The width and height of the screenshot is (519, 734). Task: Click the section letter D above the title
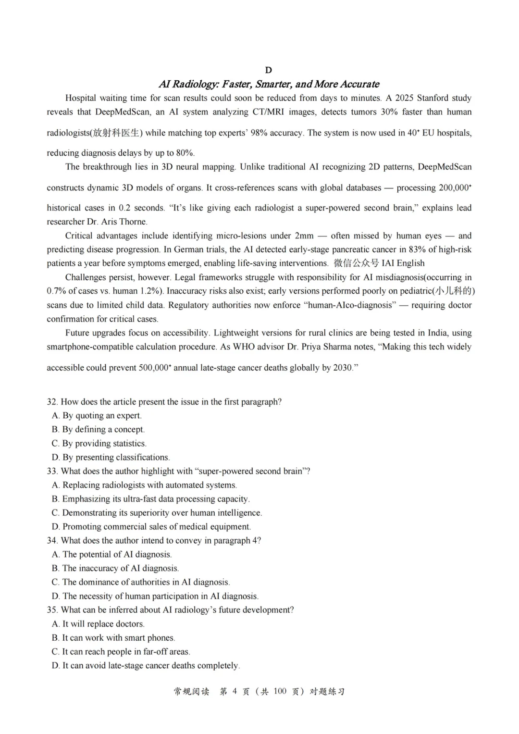tap(268, 70)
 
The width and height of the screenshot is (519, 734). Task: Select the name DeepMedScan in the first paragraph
tap(123, 112)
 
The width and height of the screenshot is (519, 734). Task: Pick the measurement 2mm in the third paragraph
tap(304, 236)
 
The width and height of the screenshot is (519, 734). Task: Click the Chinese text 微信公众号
tap(356, 263)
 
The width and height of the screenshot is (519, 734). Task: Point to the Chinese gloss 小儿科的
tap(454, 291)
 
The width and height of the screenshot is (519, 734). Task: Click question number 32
tap(52, 402)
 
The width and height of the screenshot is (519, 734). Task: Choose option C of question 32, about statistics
tap(99, 443)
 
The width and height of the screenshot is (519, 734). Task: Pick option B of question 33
tap(151, 499)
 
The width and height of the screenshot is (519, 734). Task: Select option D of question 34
tap(155, 596)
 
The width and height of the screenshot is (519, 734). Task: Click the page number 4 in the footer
tap(235, 691)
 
